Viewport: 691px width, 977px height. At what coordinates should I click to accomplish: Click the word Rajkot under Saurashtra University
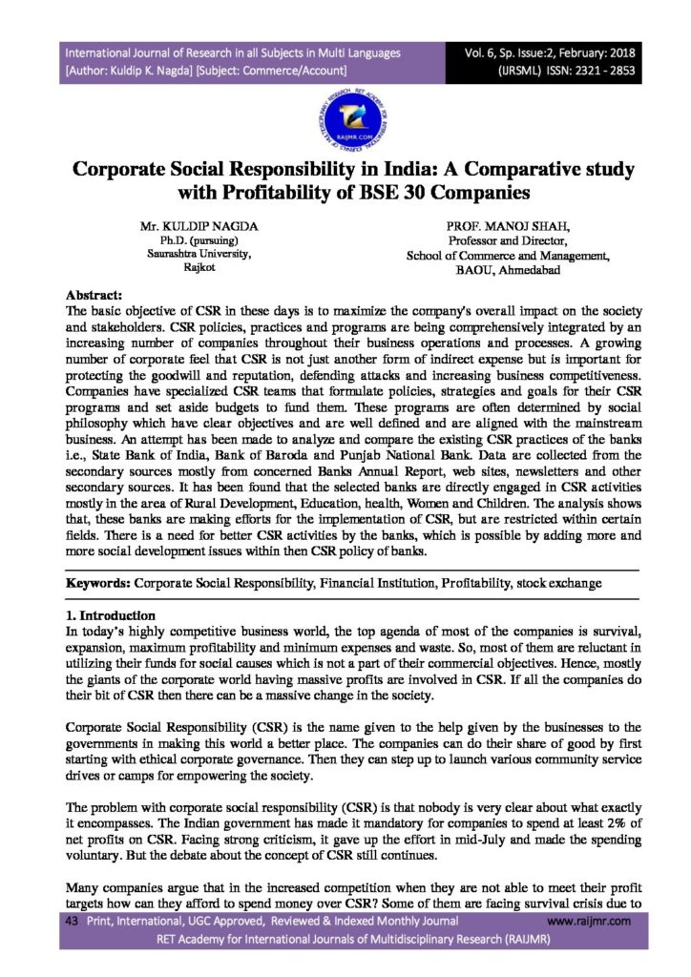[199, 269]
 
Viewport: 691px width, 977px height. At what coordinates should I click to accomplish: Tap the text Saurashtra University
[199, 255]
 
